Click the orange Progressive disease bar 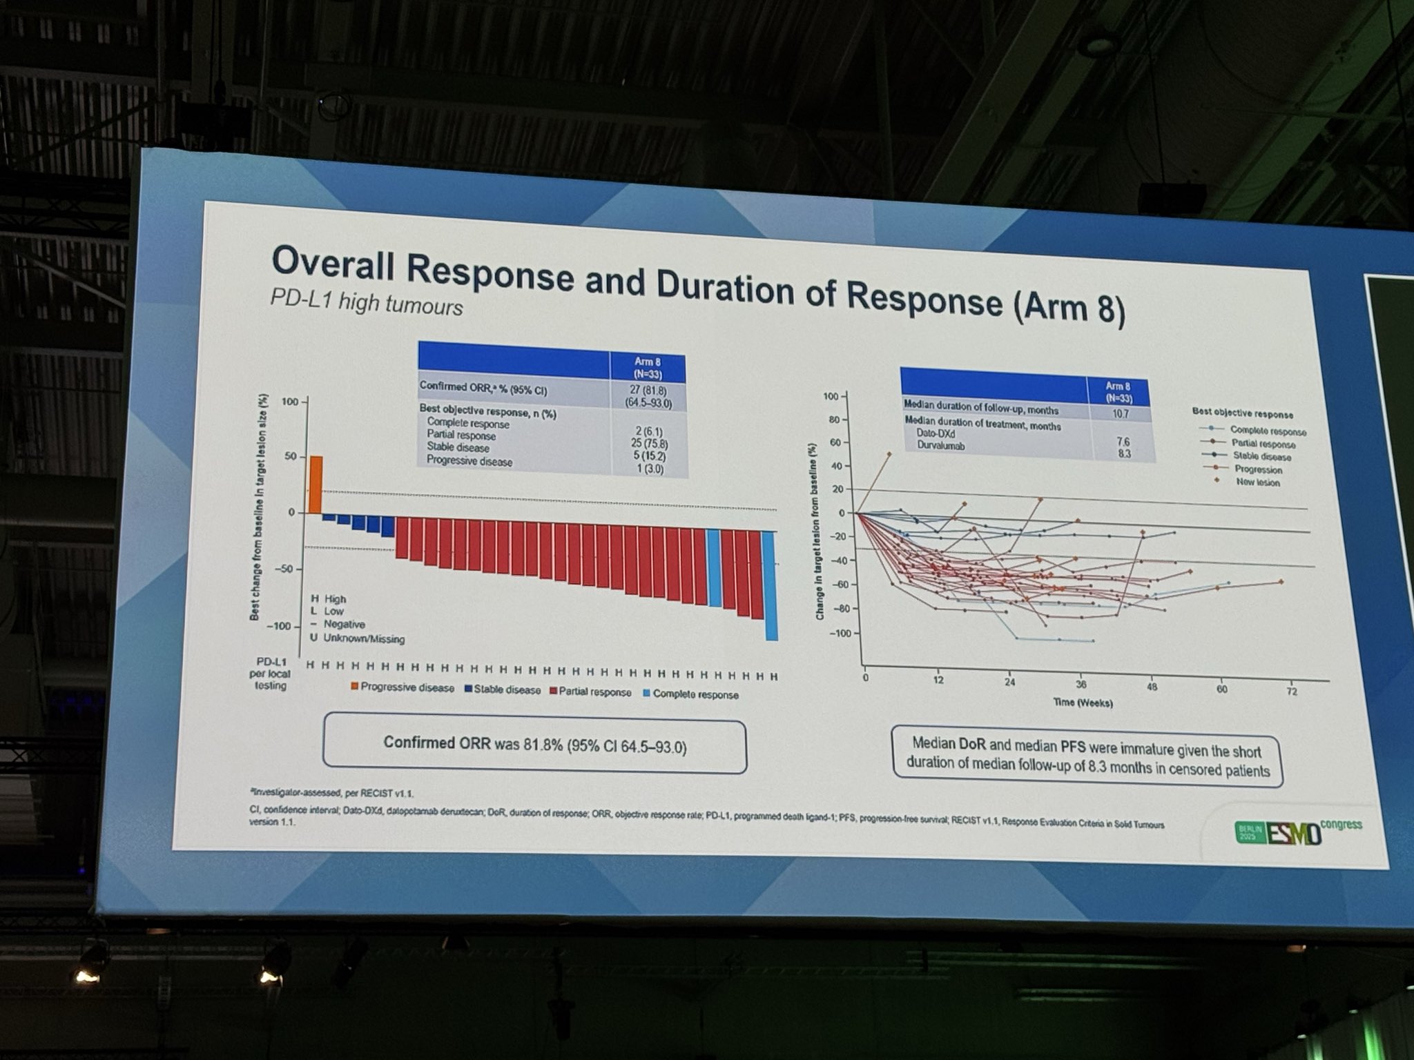(x=315, y=484)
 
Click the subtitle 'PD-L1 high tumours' (x=366, y=302)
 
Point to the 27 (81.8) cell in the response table (x=648, y=390)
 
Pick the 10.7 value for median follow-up (x=1120, y=413)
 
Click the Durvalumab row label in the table (x=940, y=446)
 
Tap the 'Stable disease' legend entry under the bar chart (x=503, y=689)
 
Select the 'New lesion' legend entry (x=1257, y=482)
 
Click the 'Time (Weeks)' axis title (x=1083, y=703)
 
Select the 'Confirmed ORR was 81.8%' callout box (x=534, y=745)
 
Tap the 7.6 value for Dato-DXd (x=1122, y=441)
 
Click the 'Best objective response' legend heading (x=1242, y=413)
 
